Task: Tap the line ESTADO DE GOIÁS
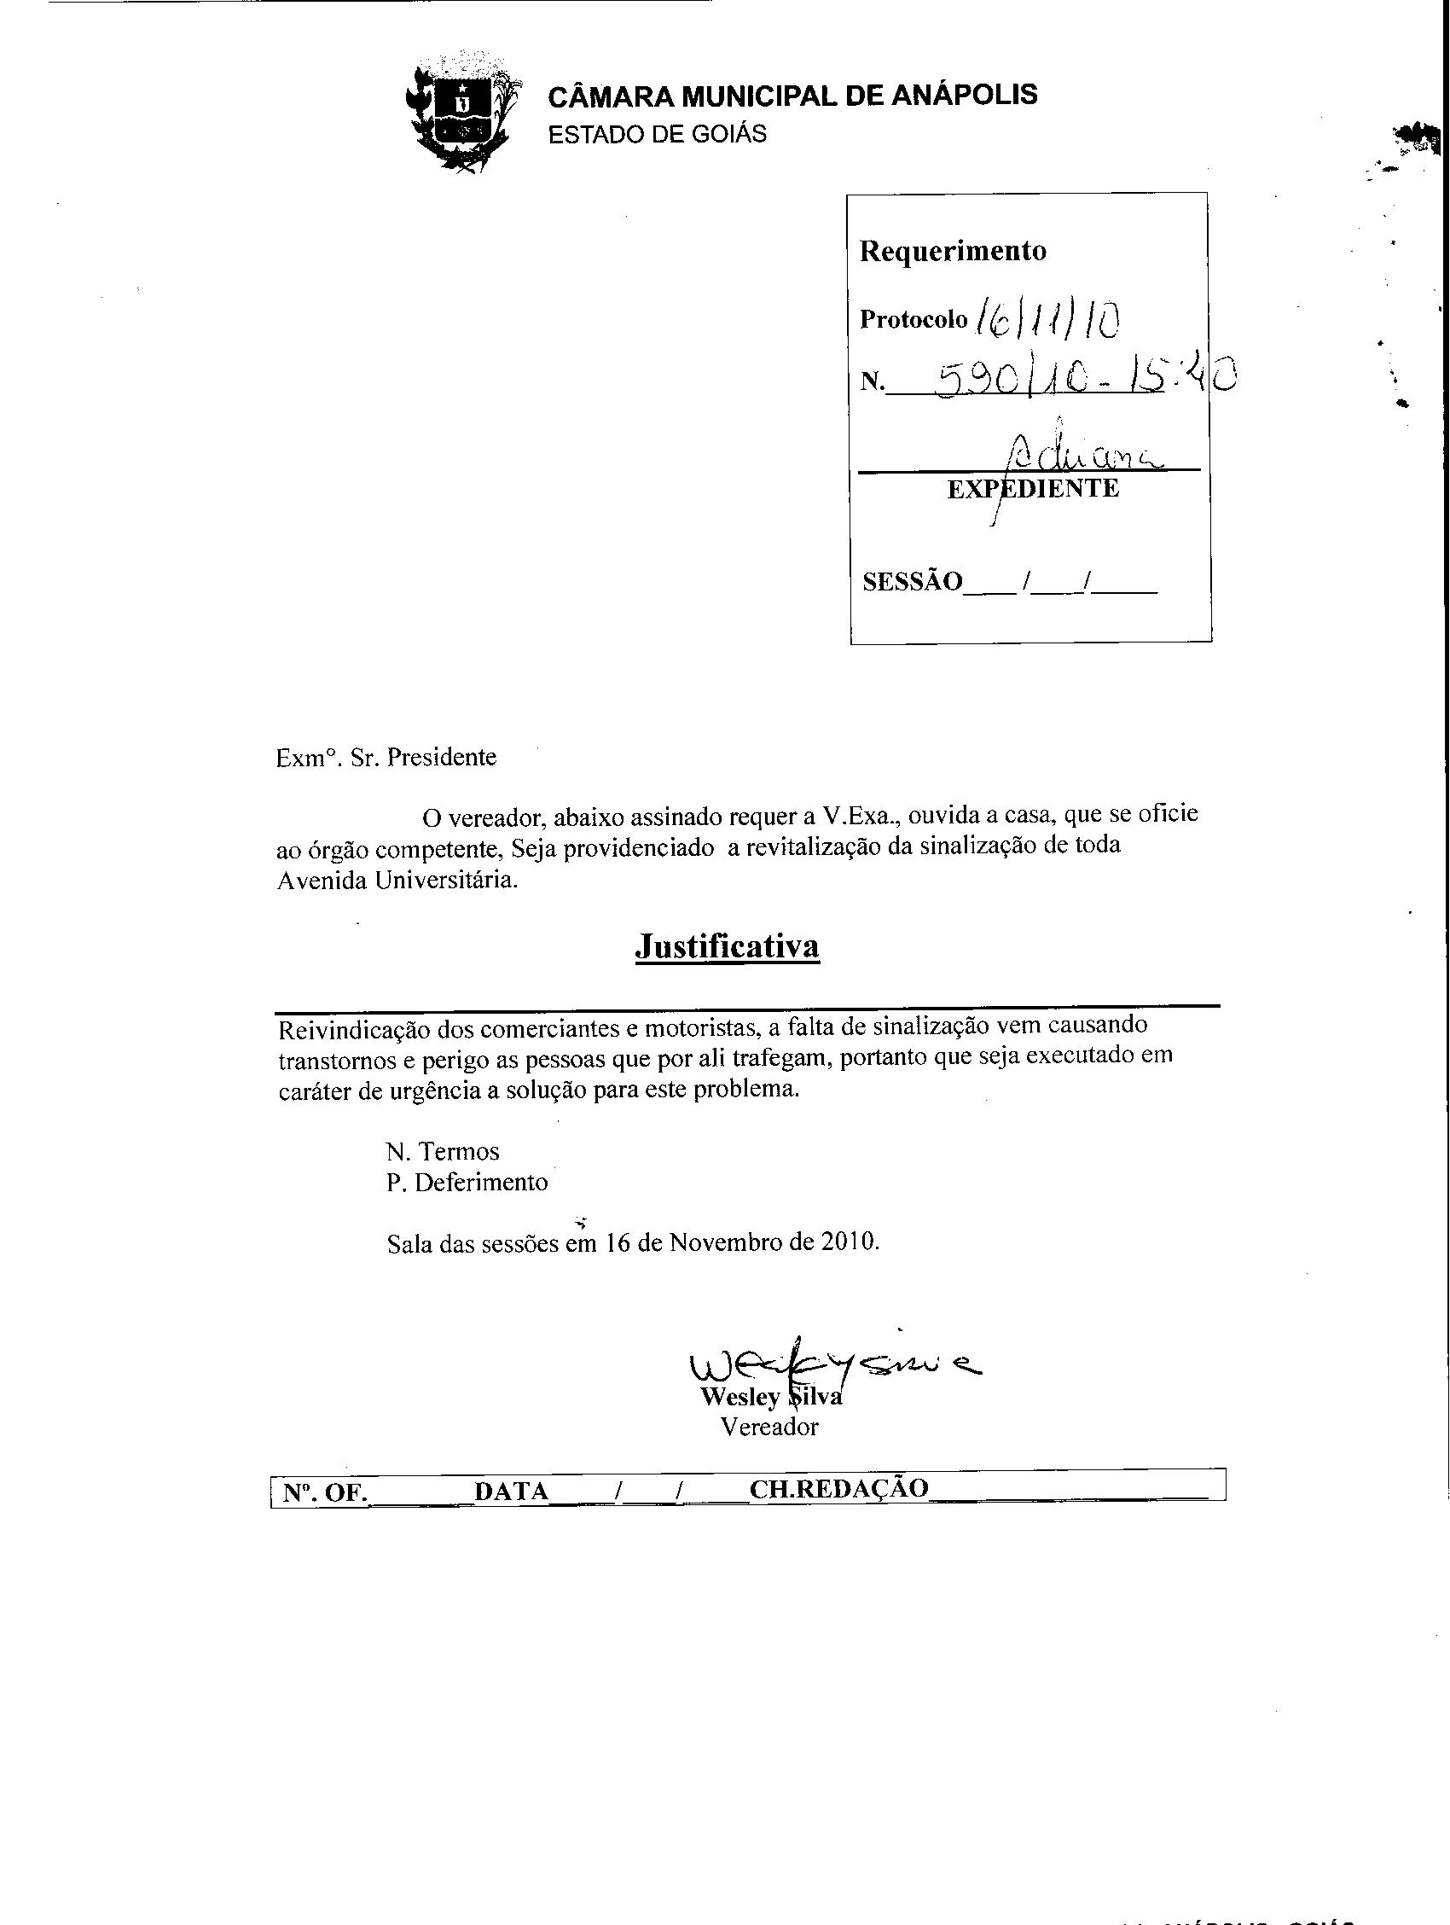point(657,135)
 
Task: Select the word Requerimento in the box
point(953,251)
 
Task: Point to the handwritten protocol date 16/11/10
point(1048,320)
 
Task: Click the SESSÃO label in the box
point(913,581)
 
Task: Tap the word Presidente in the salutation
point(442,757)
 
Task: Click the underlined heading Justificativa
point(728,946)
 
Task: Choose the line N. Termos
point(443,1151)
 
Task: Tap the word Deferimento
point(481,1183)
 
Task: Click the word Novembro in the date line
point(726,1242)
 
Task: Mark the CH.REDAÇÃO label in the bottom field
point(838,1489)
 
